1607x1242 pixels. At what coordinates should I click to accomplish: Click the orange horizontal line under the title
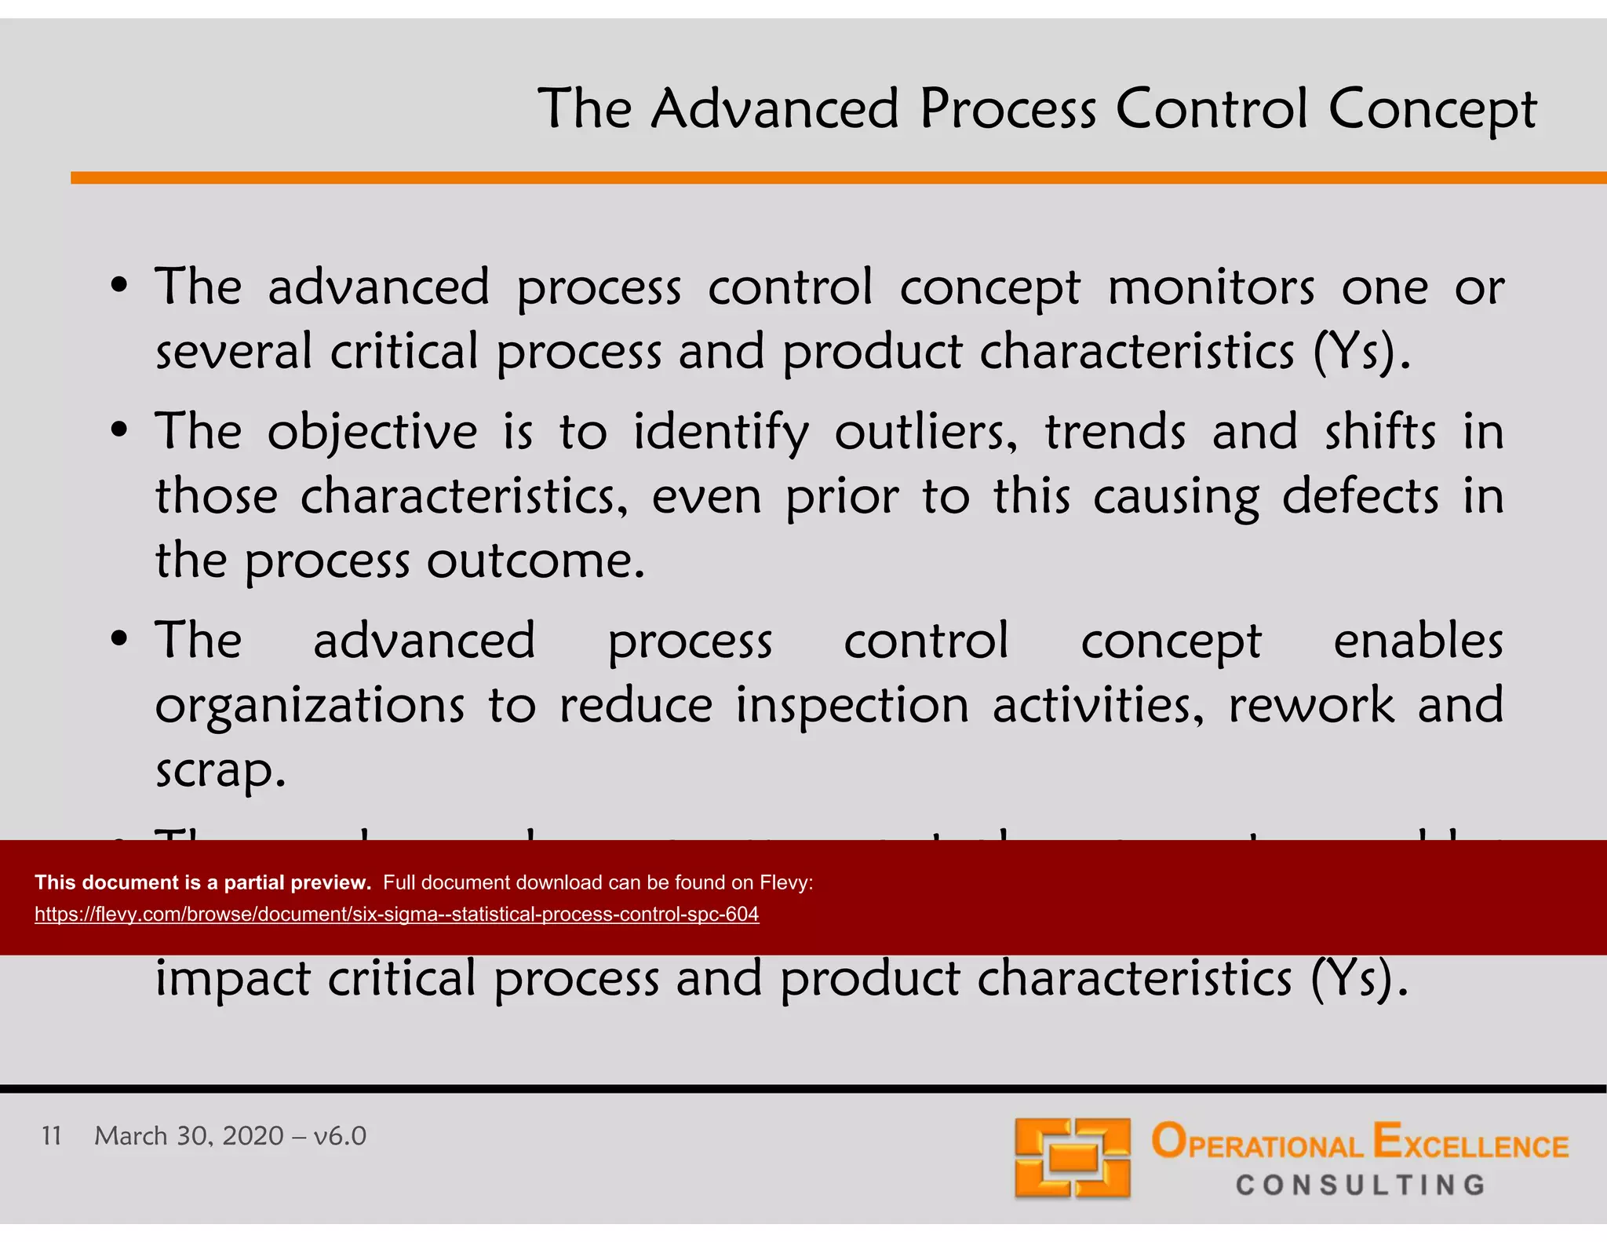838,178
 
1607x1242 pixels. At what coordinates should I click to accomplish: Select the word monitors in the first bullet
1210,287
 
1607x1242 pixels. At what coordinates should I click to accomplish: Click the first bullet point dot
118,287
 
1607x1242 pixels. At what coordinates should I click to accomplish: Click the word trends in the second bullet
1114,433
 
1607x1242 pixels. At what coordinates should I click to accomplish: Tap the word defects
1360,497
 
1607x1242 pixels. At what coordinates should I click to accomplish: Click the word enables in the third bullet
1417,641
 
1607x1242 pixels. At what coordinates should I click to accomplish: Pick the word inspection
852,705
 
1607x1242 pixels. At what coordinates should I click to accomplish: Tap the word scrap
220,770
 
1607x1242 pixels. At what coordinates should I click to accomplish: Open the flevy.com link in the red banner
396,915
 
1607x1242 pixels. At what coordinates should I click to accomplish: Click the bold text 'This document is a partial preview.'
202,882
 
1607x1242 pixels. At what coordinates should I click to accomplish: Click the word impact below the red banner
232,980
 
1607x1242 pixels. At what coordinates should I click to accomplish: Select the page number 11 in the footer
52,1135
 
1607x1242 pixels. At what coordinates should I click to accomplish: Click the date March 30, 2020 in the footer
188,1136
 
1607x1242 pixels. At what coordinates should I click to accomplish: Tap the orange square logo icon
1072,1158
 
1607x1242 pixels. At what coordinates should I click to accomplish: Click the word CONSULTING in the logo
1360,1185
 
